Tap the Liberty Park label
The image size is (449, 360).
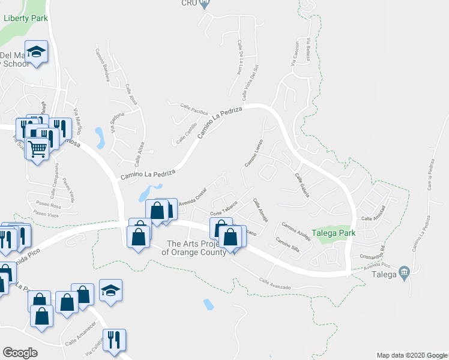(26, 18)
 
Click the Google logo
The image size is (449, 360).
(20, 353)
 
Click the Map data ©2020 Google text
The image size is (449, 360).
(411, 355)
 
